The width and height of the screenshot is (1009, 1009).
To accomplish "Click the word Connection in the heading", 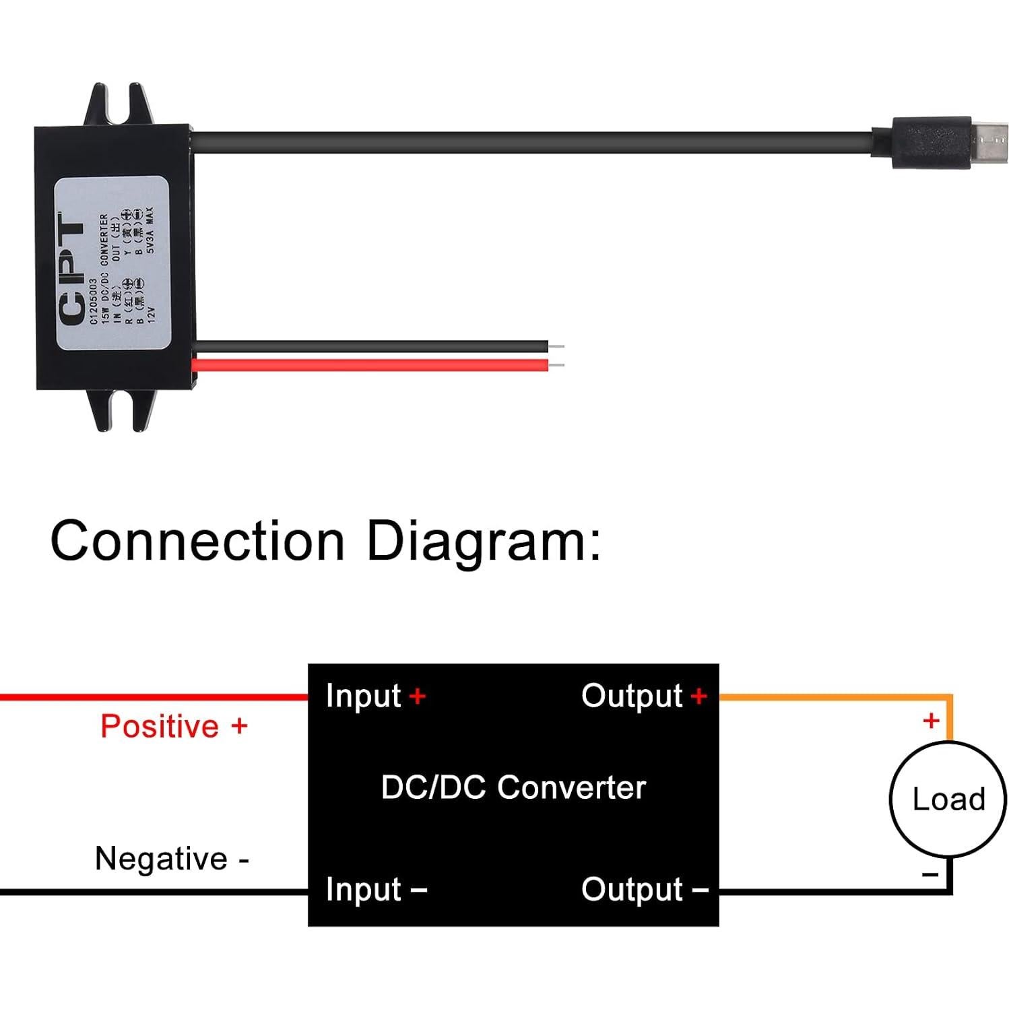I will pyautogui.click(x=197, y=541).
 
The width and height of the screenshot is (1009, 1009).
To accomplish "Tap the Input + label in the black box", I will pyautogui.click(x=375, y=696).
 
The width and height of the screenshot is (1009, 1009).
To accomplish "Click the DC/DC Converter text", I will pyautogui.click(x=513, y=787).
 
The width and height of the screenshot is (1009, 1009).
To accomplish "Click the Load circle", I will pyautogui.click(x=948, y=800).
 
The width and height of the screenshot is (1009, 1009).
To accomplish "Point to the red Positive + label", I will pyautogui.click(x=174, y=726).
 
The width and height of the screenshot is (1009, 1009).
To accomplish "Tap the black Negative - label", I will pyautogui.click(x=172, y=859).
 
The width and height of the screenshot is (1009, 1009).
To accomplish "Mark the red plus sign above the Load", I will pyautogui.click(x=931, y=721).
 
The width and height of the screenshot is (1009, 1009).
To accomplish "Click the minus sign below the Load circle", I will pyautogui.click(x=930, y=875).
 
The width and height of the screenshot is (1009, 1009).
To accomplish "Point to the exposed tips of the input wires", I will pyautogui.click(x=556, y=356).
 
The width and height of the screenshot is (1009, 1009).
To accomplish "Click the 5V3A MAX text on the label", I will pyautogui.click(x=150, y=230).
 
